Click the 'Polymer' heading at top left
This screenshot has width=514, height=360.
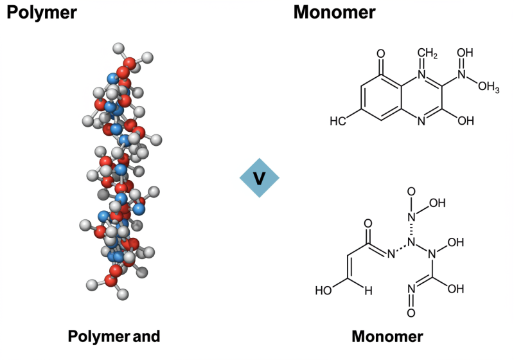[x=42, y=12]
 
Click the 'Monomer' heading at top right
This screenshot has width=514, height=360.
[x=335, y=12]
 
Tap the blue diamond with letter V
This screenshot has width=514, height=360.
[x=260, y=177]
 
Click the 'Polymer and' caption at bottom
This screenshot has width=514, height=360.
[x=114, y=336]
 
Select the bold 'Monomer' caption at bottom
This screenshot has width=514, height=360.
[x=387, y=336]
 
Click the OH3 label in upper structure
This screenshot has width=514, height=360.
[x=488, y=87]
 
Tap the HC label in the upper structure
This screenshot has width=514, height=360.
[x=339, y=121]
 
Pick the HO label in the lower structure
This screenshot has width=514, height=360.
[x=324, y=290]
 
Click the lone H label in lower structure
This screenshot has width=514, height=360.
[x=368, y=290]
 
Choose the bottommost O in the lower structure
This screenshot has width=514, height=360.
[x=411, y=313]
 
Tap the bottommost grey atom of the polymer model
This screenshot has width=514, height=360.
[x=123, y=294]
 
